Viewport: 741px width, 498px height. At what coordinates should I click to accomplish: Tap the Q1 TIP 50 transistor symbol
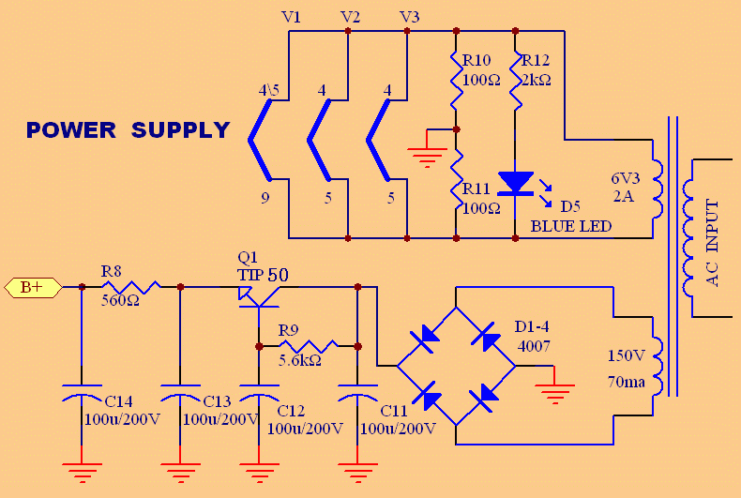point(258,293)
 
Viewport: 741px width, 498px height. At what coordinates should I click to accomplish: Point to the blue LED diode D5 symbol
point(515,182)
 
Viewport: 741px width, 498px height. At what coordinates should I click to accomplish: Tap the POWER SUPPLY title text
point(128,130)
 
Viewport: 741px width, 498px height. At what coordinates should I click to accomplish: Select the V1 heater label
point(291,16)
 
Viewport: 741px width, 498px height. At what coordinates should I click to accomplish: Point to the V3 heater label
point(409,16)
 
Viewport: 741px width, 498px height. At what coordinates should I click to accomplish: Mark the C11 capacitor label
point(393,411)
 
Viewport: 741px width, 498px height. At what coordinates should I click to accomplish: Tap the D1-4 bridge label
point(533,327)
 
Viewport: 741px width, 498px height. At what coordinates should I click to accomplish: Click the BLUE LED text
point(570,226)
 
